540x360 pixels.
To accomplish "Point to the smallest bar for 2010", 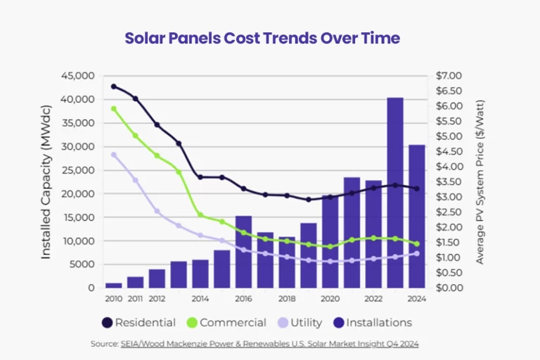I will (x=114, y=285).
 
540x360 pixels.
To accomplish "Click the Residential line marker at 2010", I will (x=114, y=86).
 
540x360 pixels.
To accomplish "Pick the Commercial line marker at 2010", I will (x=114, y=108).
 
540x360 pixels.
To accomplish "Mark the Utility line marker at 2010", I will (x=114, y=155).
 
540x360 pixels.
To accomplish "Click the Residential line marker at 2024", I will (x=417, y=188).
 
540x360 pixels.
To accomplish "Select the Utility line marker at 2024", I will (x=417, y=254).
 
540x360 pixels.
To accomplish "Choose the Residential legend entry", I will (x=138, y=323).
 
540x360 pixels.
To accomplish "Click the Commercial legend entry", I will (x=226, y=323).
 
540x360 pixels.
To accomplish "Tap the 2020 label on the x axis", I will (x=330, y=299).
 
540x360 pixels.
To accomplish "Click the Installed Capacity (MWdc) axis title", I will (x=46, y=182).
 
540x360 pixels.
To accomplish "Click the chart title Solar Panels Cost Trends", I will (x=262, y=38).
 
